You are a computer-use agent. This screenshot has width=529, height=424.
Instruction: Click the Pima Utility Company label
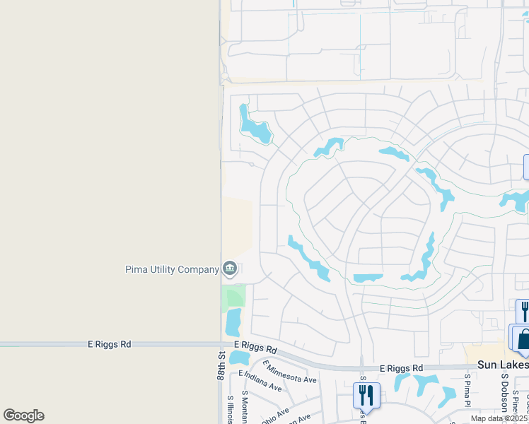coord(172,269)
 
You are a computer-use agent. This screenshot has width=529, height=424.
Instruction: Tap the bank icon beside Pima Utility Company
coord(229,269)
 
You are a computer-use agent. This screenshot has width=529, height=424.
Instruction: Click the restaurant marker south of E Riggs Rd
coord(366,394)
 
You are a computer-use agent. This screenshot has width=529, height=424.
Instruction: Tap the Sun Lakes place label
coord(502,365)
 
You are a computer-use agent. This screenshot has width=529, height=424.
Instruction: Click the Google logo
coord(24,416)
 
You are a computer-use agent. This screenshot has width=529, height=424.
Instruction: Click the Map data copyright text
coord(499,418)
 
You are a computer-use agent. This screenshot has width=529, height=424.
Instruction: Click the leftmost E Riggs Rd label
coord(110,344)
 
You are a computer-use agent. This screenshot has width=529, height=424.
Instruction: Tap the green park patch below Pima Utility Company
coord(233,296)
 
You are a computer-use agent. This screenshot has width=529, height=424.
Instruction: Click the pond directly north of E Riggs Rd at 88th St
coord(233,323)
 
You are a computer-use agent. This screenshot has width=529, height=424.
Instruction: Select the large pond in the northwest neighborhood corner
coord(253,126)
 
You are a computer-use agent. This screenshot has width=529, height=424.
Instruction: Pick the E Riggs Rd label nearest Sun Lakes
coord(401,368)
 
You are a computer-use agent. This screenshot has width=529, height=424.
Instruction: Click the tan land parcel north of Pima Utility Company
coord(238,226)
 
